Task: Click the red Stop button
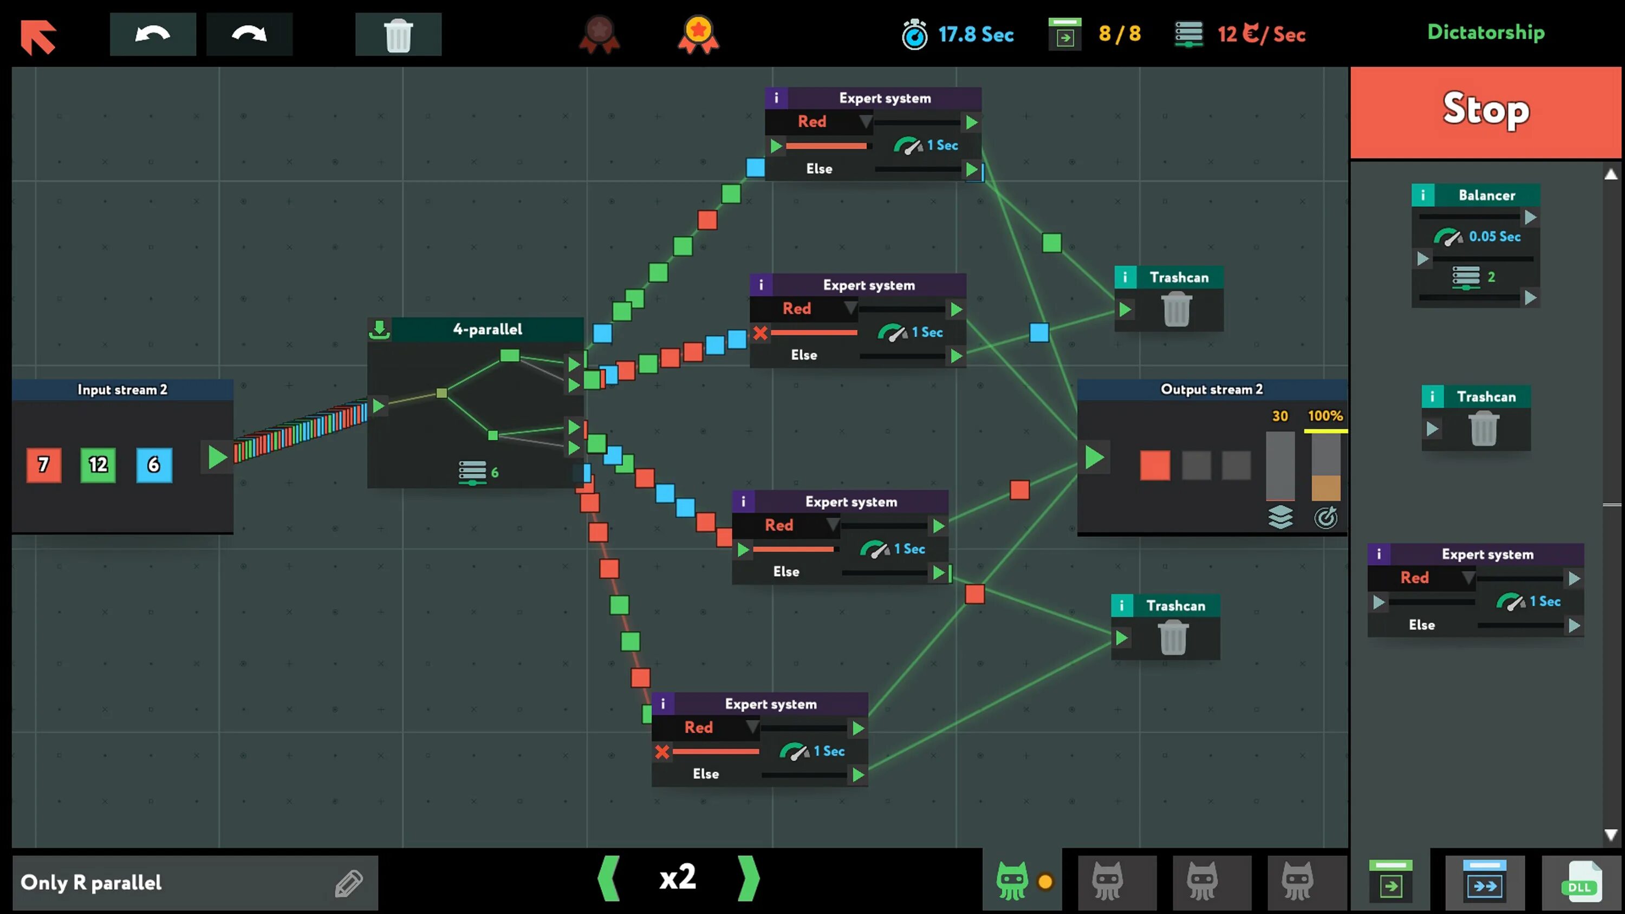1486,111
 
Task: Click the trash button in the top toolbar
398,35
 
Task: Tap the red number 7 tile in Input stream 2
43,465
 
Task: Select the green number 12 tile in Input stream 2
99,465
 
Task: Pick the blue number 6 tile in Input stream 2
154,465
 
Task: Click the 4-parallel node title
487,329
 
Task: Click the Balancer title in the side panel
1486,195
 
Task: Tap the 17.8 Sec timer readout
975,34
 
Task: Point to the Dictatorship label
1486,32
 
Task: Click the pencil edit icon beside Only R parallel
349,883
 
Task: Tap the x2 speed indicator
678,877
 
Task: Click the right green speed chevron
749,878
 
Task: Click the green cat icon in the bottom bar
1012,880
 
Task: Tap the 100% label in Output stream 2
1325,416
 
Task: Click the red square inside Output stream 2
1155,466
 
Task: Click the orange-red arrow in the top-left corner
38,36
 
